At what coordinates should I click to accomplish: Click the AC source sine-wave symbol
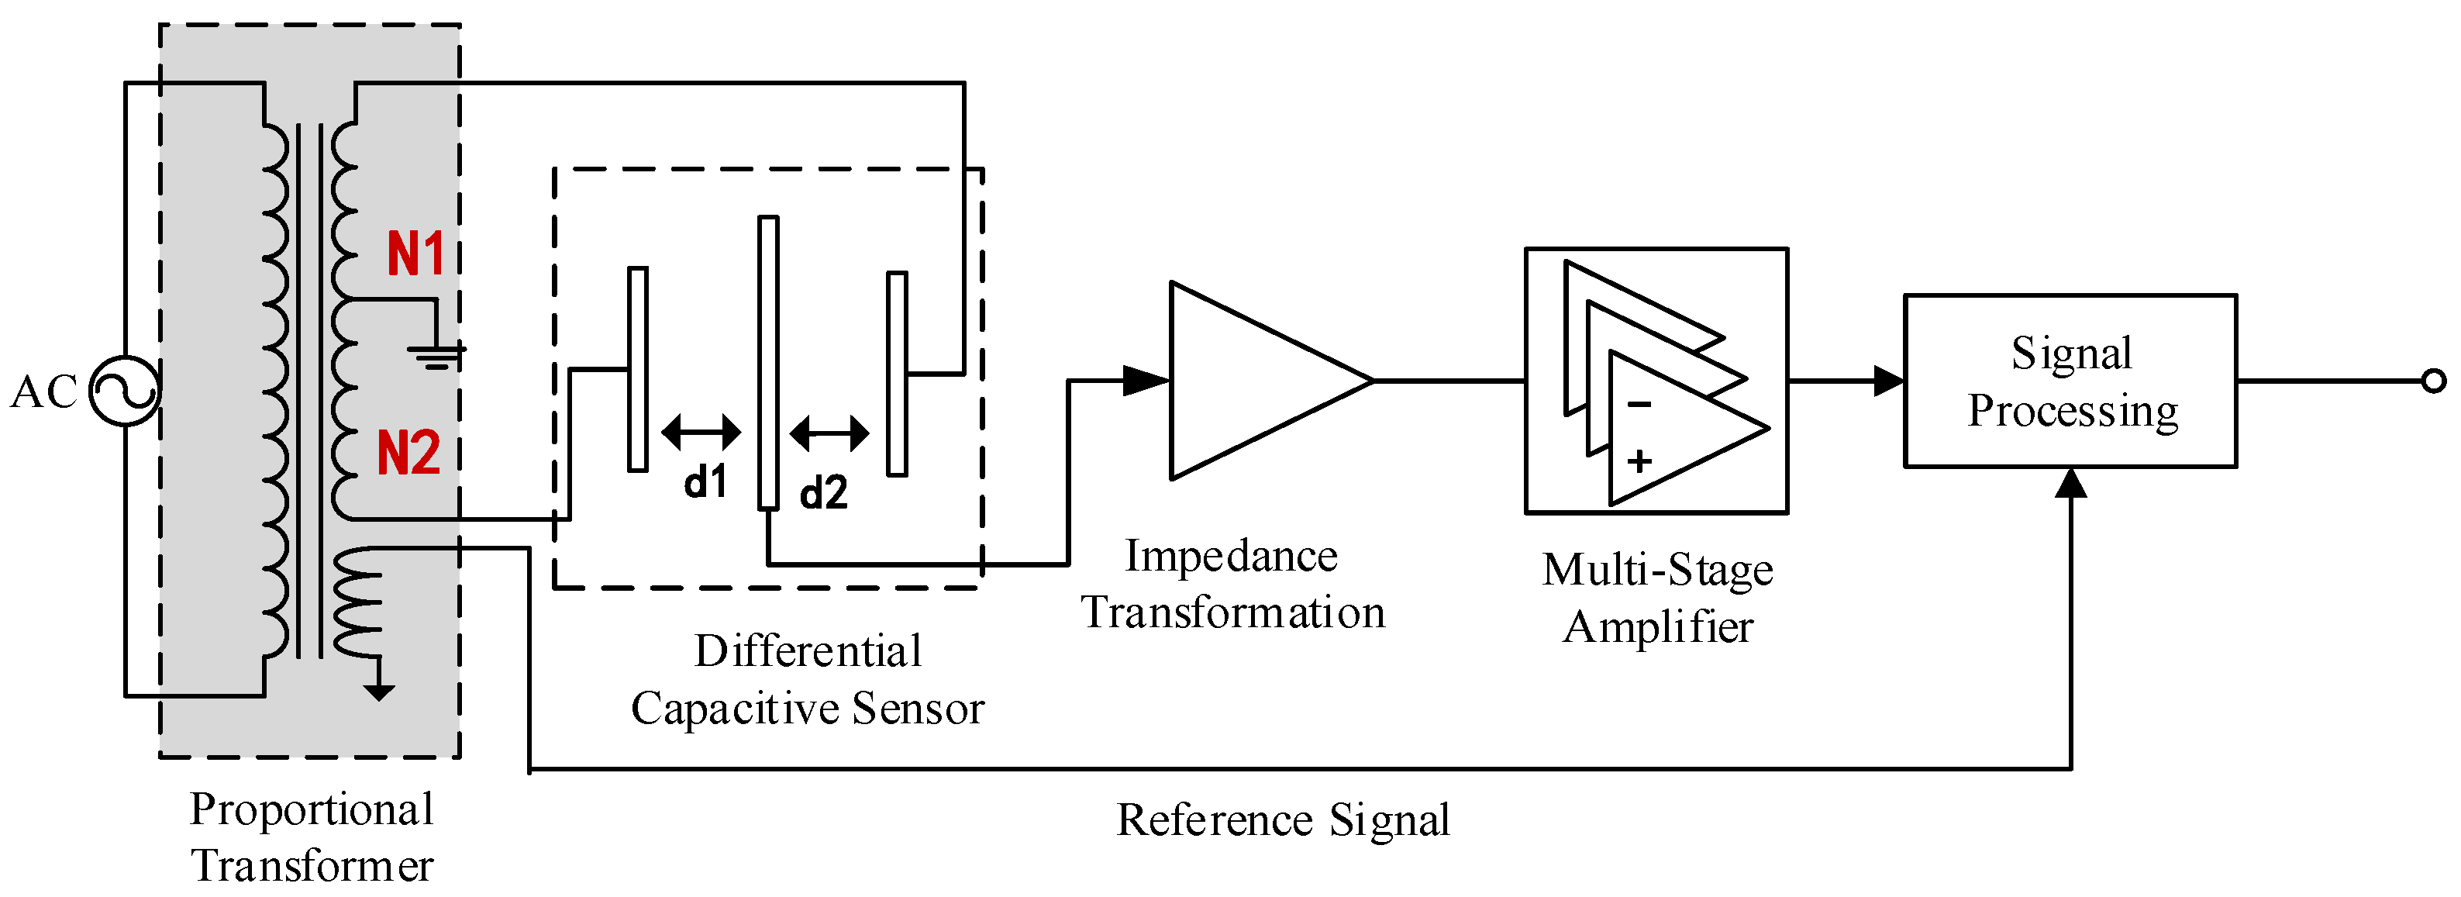(124, 391)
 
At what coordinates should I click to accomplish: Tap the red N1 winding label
(415, 254)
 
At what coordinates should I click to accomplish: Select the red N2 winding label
(409, 453)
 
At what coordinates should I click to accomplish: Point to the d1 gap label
(706, 481)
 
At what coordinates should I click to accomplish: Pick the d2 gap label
(823, 493)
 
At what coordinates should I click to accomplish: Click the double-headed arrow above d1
(701, 432)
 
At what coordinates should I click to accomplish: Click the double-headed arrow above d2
(829, 433)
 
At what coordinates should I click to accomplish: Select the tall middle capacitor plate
(768, 363)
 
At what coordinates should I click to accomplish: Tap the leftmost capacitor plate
(637, 370)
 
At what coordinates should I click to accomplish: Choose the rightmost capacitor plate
(896, 374)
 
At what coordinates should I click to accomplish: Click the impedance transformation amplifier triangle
(1252, 380)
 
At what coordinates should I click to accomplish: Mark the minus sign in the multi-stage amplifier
(1639, 405)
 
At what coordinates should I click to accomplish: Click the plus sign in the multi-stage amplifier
(1639, 461)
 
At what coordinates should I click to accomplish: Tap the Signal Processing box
(2070, 381)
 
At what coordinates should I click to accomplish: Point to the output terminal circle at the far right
(2433, 381)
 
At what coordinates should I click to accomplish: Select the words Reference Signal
(1283, 819)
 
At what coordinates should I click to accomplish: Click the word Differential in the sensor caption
(807, 651)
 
